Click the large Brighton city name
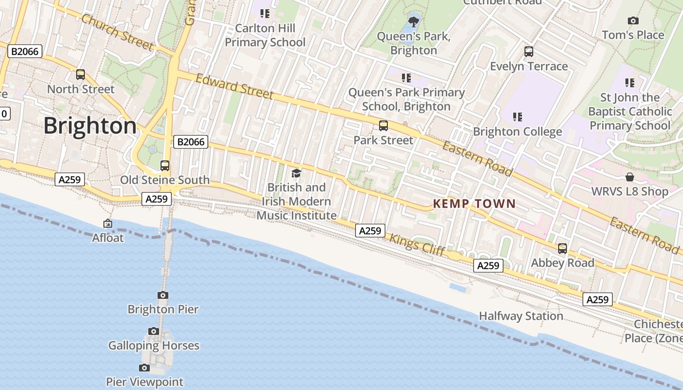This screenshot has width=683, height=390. coord(90,126)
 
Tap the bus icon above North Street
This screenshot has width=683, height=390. coord(80,75)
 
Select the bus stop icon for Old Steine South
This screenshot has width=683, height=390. coord(165,165)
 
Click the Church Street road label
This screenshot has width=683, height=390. coord(117,32)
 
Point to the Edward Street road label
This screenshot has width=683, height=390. coord(235,86)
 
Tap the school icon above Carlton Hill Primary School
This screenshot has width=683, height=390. coord(265,14)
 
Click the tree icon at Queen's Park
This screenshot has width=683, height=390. coord(414,21)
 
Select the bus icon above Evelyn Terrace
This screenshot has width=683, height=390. coord(528,52)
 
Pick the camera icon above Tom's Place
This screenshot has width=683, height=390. coord(633,20)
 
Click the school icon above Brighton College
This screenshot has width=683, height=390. coord(518,117)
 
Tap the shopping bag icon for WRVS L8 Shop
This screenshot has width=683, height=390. coord(630,177)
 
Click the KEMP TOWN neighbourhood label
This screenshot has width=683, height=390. coord(474,204)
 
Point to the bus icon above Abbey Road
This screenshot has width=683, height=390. coord(562,249)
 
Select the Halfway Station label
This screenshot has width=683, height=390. coord(521,316)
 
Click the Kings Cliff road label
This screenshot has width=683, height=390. coord(417,245)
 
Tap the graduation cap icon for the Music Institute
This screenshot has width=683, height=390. coord(296,173)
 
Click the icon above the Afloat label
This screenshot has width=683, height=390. coord(108,223)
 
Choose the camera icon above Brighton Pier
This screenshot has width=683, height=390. coord(163,295)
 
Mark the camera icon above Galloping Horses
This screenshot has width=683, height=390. coord(154,331)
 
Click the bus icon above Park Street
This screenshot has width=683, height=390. coord(383,126)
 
